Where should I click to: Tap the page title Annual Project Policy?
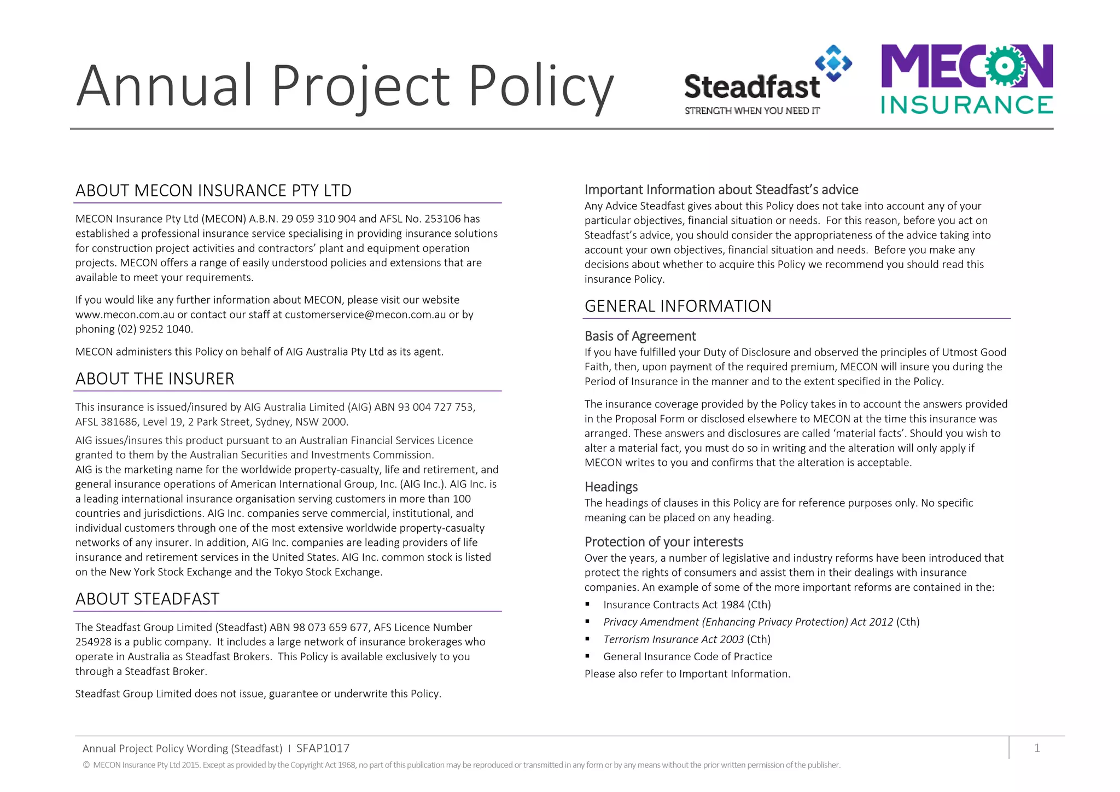345,86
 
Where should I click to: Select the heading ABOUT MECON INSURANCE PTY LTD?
213,190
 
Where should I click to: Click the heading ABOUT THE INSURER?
155,378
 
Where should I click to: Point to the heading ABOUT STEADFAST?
147,599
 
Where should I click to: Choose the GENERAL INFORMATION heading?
678,306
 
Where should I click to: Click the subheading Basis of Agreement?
640,336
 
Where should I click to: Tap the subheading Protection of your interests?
663,541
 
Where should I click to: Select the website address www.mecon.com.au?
125,315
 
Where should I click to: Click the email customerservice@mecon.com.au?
365,315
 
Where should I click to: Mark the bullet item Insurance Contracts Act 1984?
687,604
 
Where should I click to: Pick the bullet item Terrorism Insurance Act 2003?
687,639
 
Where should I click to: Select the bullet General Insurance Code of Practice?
687,656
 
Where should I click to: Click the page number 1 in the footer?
1037,748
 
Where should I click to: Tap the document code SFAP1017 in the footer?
323,748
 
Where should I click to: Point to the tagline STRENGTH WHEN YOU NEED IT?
752,111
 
